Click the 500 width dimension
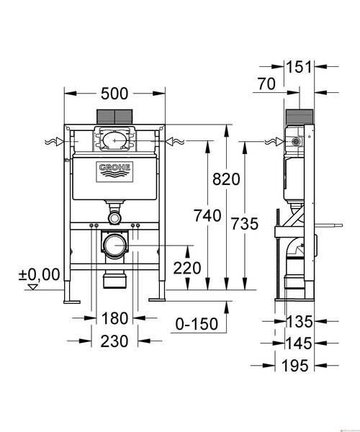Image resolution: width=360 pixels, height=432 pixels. pyautogui.click(x=114, y=94)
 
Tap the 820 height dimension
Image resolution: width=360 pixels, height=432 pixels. pyautogui.click(x=226, y=179)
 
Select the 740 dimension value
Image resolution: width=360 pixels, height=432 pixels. pyautogui.click(x=207, y=215)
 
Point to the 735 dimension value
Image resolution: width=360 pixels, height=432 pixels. pyautogui.click(x=245, y=224)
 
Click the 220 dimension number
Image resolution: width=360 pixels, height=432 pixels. pyautogui.click(x=187, y=268)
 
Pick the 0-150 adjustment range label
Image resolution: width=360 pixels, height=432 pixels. pyautogui.click(x=197, y=324)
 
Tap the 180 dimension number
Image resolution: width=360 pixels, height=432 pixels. pyautogui.click(x=115, y=318)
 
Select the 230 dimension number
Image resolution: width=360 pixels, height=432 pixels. pyautogui.click(x=114, y=341)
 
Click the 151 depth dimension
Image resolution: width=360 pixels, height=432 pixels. pyautogui.click(x=299, y=67)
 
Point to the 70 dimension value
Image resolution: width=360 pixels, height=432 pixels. pyautogui.click(x=266, y=84)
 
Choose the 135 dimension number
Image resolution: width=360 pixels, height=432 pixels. pyautogui.click(x=300, y=322)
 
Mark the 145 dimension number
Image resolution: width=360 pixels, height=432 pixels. pyautogui.click(x=299, y=343)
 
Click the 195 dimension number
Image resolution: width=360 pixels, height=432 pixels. pyautogui.click(x=294, y=366)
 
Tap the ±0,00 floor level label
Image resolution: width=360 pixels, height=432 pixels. pyautogui.click(x=39, y=274)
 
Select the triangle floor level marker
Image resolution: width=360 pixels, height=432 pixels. pyautogui.click(x=33, y=287)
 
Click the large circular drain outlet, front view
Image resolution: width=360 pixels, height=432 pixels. pyautogui.click(x=115, y=245)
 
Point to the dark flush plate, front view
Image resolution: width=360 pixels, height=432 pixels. pyautogui.click(x=114, y=117)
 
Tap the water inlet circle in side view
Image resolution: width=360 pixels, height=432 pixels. pyautogui.click(x=296, y=141)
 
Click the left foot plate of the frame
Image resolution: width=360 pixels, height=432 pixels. pyautogui.click(x=72, y=302)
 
